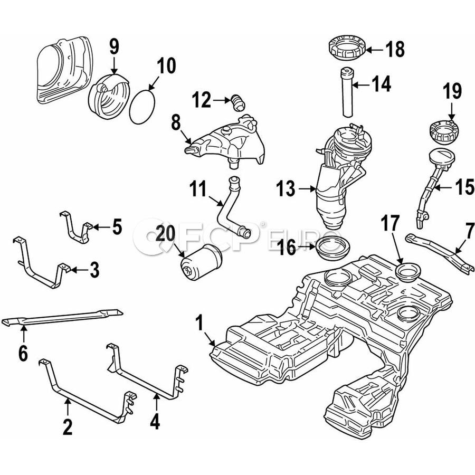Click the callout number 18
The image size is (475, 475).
[395, 50]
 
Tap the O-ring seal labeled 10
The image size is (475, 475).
[143, 106]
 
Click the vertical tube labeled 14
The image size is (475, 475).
[346, 93]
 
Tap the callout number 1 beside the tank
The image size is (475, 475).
[199, 321]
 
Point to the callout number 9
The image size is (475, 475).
[115, 49]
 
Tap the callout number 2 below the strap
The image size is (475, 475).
[67, 426]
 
